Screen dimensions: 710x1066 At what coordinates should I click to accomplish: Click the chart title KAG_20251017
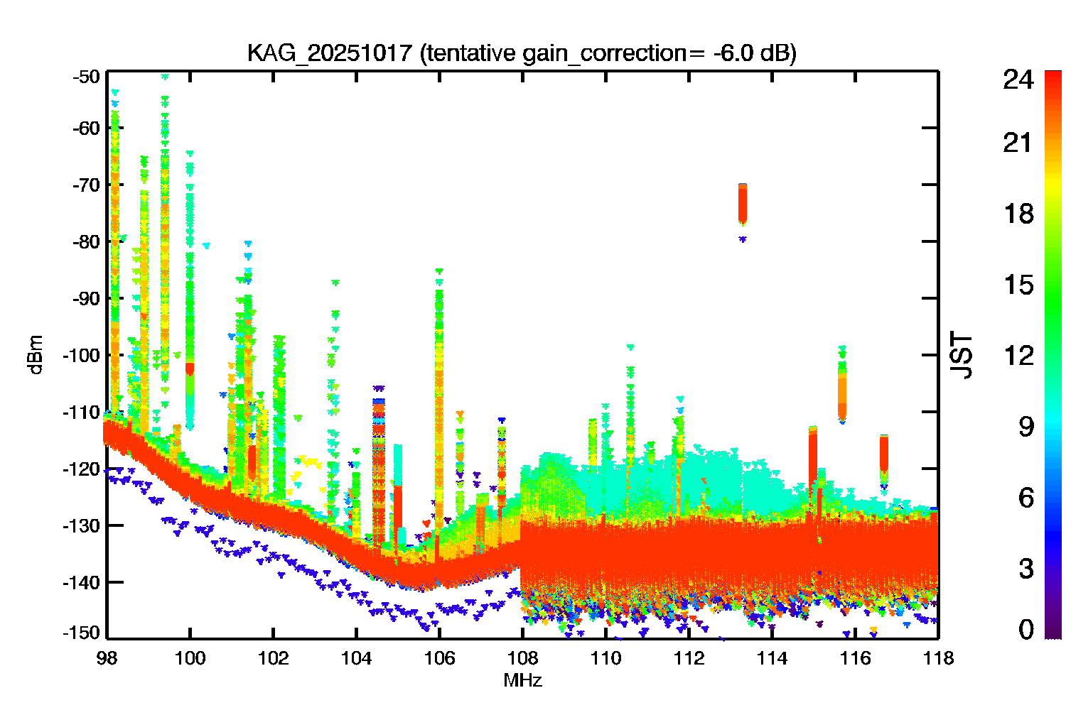[329, 53]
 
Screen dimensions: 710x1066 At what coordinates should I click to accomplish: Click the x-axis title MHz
[522, 681]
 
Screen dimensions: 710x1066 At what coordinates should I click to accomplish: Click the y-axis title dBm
[36, 354]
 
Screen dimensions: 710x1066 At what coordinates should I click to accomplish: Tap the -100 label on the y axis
[82, 355]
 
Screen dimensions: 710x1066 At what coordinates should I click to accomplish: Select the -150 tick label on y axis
[82, 632]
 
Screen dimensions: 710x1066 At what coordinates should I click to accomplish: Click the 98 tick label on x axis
[107, 658]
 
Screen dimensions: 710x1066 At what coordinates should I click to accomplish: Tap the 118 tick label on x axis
[938, 658]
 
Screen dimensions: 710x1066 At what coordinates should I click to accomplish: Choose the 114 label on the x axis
[772, 658]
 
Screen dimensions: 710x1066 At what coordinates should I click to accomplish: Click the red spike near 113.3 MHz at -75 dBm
[743, 203]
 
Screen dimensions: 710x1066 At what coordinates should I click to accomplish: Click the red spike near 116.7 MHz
[884, 453]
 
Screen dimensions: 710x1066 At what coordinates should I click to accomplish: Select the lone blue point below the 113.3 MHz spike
[743, 239]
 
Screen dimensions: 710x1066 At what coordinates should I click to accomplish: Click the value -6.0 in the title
[733, 53]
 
